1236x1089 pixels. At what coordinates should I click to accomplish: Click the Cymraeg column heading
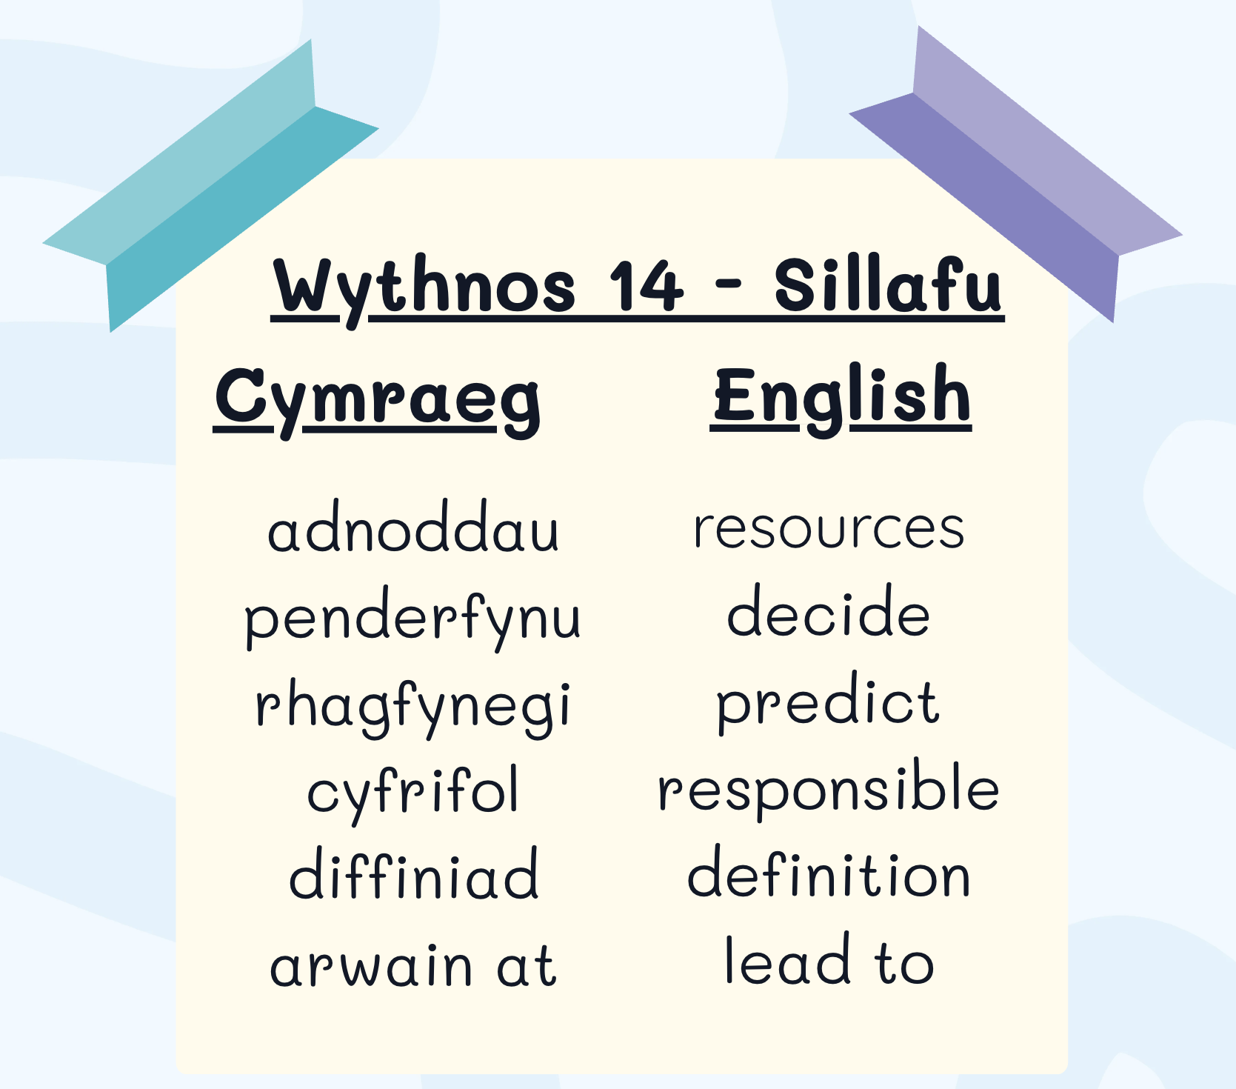[x=378, y=401]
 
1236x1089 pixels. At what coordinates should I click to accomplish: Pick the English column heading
[x=842, y=398]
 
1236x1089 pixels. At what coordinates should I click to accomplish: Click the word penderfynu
[x=412, y=621]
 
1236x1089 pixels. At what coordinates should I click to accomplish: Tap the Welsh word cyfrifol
[x=413, y=793]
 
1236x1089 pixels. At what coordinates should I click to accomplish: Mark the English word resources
[x=829, y=529]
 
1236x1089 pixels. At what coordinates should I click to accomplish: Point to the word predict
[x=828, y=703]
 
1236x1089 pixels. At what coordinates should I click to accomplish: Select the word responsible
[x=829, y=790]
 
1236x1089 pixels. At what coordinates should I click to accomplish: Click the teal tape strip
[x=211, y=185]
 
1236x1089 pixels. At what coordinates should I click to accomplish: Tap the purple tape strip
[x=1015, y=174]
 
